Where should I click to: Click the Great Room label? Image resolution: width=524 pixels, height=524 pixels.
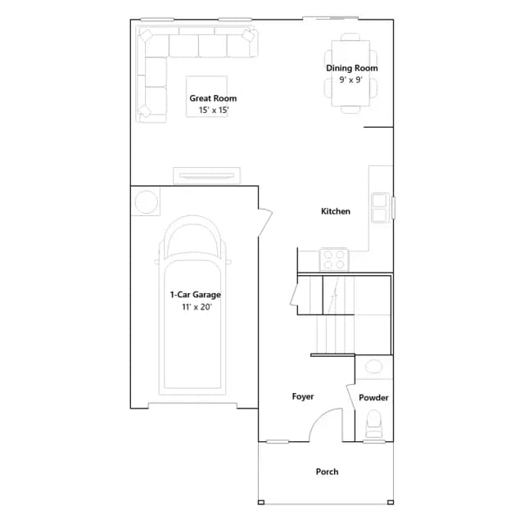point(213,98)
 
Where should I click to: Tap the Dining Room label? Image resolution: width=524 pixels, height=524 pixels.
point(352,68)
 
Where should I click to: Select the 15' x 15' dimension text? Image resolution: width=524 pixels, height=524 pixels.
point(214,110)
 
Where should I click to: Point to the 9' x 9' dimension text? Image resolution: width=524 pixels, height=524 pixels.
point(351,79)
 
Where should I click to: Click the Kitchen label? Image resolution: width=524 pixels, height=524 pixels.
point(336,211)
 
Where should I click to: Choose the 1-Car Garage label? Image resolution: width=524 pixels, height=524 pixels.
point(196,295)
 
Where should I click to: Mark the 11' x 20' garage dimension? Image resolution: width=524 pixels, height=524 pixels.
point(196,307)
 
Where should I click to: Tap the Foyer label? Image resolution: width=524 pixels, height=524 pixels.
point(303,396)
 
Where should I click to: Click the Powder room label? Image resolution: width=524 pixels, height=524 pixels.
point(373,398)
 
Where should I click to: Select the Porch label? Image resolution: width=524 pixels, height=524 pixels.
point(327,472)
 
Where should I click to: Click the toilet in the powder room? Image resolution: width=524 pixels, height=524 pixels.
point(373,424)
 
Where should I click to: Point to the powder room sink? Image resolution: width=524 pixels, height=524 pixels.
point(373,367)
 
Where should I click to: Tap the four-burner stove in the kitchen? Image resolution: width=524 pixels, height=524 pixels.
point(334,260)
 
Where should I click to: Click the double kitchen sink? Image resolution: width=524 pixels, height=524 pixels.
point(380,207)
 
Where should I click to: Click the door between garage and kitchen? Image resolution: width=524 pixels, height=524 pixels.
point(265,222)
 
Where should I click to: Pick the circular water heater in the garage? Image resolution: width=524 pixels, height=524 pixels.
point(146,201)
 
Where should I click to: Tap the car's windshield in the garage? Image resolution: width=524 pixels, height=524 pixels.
point(193,239)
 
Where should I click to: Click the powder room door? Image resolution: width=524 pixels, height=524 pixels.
point(350,396)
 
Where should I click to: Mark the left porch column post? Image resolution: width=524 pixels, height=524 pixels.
point(261,502)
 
